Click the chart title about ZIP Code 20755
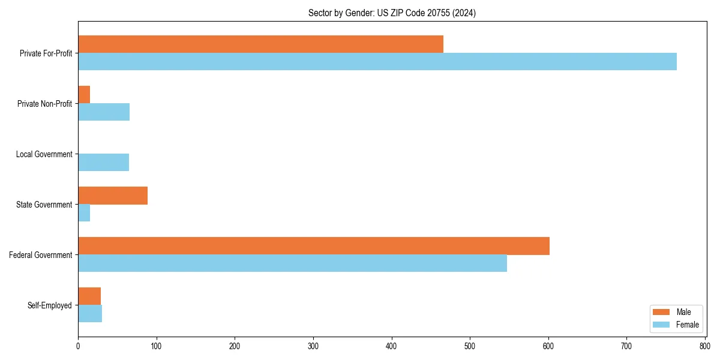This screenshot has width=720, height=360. [392, 13]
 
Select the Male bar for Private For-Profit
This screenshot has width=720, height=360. [260, 44]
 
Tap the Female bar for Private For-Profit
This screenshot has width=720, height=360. [377, 61]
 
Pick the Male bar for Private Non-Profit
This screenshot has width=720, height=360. [84, 94]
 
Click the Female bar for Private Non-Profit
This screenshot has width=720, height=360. [104, 112]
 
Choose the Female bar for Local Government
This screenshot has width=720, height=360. [103, 162]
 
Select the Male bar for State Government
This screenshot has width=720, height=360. [113, 195]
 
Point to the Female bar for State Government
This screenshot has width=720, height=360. [84, 212]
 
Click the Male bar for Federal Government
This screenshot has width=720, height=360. [314, 245]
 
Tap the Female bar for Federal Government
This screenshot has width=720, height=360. [292, 263]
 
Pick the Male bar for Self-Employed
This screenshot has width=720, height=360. [89, 296]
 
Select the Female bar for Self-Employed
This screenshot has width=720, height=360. [90, 313]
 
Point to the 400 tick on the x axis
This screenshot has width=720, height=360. [392, 346]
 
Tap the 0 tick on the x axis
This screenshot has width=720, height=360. [78, 346]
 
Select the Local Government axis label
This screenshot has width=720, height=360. [44, 154]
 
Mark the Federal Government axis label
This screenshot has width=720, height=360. [41, 255]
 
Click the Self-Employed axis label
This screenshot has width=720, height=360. [50, 305]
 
